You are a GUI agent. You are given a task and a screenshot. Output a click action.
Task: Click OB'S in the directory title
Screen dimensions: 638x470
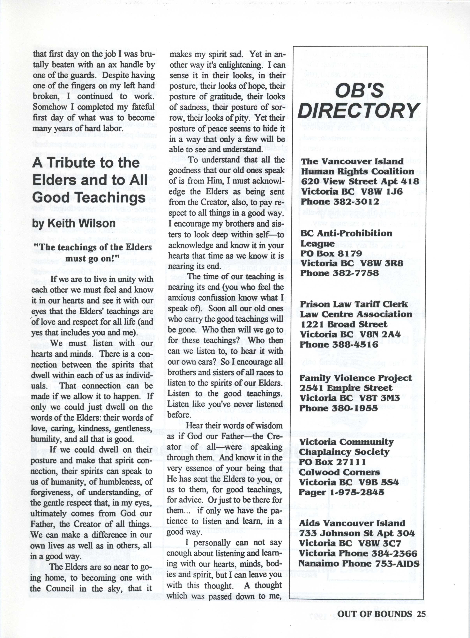(360, 90)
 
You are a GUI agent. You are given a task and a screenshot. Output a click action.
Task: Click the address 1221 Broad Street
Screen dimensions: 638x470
(343, 324)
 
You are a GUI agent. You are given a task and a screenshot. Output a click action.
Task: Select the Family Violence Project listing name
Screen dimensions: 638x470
(356, 378)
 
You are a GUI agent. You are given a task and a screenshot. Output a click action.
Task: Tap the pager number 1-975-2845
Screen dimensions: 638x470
(357, 492)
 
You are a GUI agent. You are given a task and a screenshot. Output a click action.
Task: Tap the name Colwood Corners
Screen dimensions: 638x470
(339, 472)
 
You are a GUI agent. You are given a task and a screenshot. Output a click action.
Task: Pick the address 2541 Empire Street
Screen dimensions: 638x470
(346, 388)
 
